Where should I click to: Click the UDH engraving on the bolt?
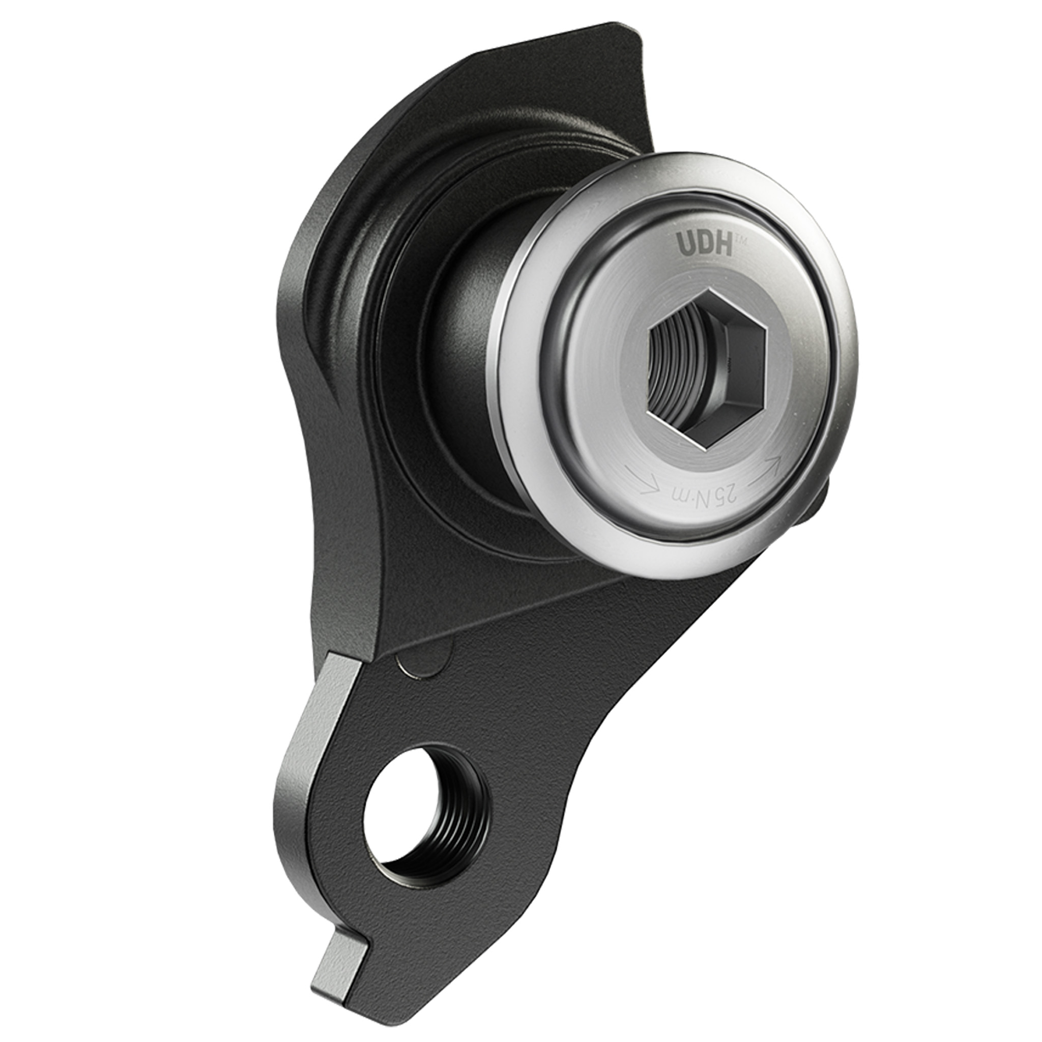[x=705, y=245]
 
